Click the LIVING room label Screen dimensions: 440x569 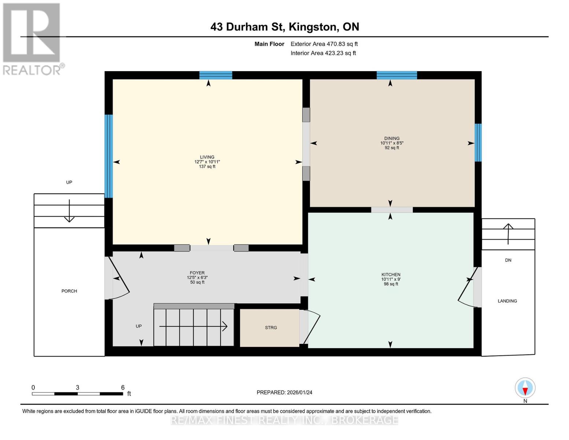207,157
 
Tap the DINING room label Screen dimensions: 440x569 392,139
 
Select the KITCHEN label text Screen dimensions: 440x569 391,275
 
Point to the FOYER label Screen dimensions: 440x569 197,273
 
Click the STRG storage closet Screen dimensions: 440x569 270,328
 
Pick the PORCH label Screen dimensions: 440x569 69,291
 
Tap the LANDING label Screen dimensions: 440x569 507,301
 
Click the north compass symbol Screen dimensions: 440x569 525,388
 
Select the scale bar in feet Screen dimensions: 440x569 78,394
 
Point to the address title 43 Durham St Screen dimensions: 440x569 285,27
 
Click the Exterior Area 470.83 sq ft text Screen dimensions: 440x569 324,44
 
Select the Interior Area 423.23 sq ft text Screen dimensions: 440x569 323,53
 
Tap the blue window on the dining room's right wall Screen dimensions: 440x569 478,143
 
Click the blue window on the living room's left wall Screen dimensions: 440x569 108,156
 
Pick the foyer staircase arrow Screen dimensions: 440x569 193,326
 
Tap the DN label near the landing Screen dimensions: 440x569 508,260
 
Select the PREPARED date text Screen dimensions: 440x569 284,392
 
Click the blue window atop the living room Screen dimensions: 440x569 215,75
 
